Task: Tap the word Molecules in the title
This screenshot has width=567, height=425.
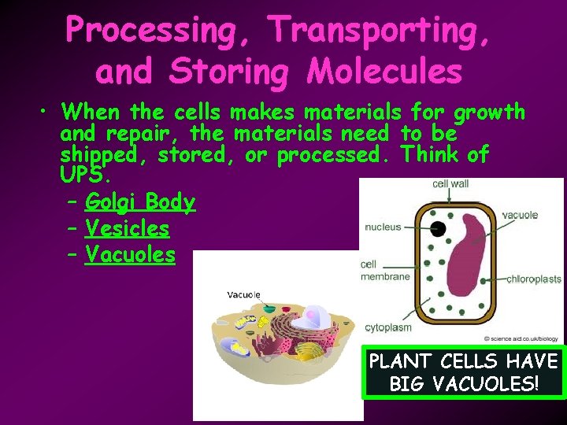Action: pyautogui.click(x=385, y=72)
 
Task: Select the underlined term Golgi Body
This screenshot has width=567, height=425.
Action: pyautogui.click(x=139, y=202)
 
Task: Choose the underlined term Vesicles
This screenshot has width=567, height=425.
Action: pyautogui.click(x=127, y=228)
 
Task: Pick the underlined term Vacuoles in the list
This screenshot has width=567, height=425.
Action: pyautogui.click(x=130, y=254)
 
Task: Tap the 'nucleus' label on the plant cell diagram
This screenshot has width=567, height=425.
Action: pyautogui.click(x=383, y=227)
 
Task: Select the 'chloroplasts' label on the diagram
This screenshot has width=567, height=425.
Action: pyautogui.click(x=534, y=279)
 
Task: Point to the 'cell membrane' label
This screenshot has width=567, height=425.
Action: pyautogui.click(x=385, y=271)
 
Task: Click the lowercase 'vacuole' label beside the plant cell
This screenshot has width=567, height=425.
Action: pyautogui.click(x=520, y=215)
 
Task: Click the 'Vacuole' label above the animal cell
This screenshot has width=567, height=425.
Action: pyautogui.click(x=243, y=294)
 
